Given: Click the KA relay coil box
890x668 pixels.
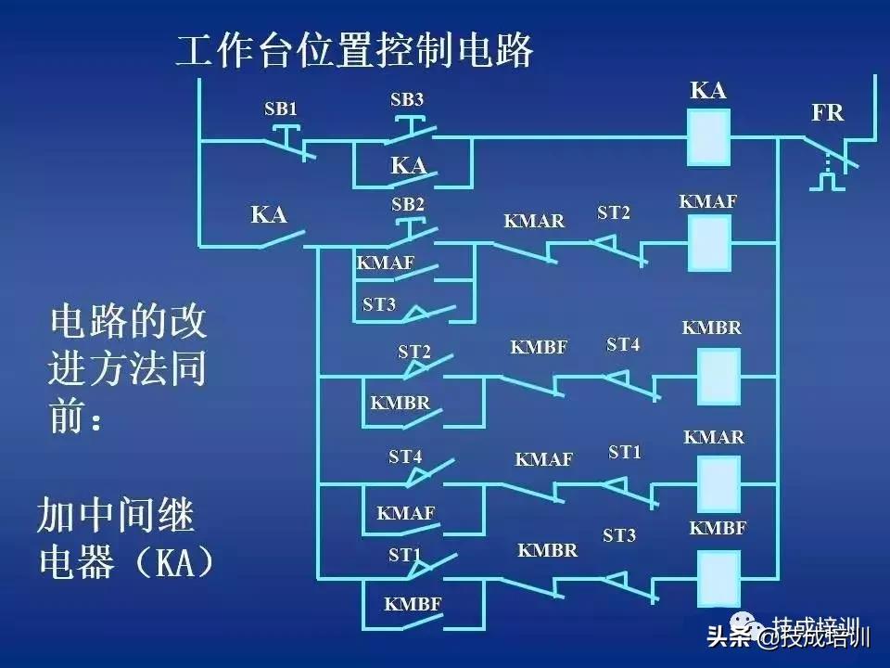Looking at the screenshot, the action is pyautogui.click(x=708, y=137).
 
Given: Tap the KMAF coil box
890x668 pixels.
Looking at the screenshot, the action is pyautogui.click(x=708, y=242).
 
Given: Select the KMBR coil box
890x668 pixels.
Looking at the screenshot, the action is pyautogui.click(x=718, y=376).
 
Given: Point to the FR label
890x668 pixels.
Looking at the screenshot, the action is pyautogui.click(x=827, y=113).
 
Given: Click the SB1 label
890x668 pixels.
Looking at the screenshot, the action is pyautogui.click(x=281, y=109).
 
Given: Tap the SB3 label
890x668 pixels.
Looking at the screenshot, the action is pyautogui.click(x=407, y=99).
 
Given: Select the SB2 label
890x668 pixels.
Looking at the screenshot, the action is pyautogui.click(x=407, y=204).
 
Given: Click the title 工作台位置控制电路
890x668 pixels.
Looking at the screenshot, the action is pyautogui.click(x=355, y=51).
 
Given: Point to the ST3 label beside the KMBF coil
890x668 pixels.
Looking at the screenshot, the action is pyautogui.click(x=619, y=536).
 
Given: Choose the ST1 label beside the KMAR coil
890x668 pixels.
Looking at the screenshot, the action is pyautogui.click(x=625, y=452).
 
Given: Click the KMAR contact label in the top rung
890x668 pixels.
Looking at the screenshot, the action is pyautogui.click(x=534, y=221).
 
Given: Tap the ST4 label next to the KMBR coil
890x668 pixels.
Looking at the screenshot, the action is pyautogui.click(x=623, y=344).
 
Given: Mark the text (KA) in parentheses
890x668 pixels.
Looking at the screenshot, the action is pyautogui.click(x=173, y=563).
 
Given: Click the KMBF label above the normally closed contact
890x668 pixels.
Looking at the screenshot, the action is pyautogui.click(x=538, y=348).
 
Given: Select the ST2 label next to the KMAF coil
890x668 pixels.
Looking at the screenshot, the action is pyautogui.click(x=613, y=212).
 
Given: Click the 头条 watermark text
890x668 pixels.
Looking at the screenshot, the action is pyautogui.click(x=730, y=637).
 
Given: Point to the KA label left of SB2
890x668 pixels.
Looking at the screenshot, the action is pyautogui.click(x=269, y=215).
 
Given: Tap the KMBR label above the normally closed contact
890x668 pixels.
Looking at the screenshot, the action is pyautogui.click(x=547, y=550).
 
